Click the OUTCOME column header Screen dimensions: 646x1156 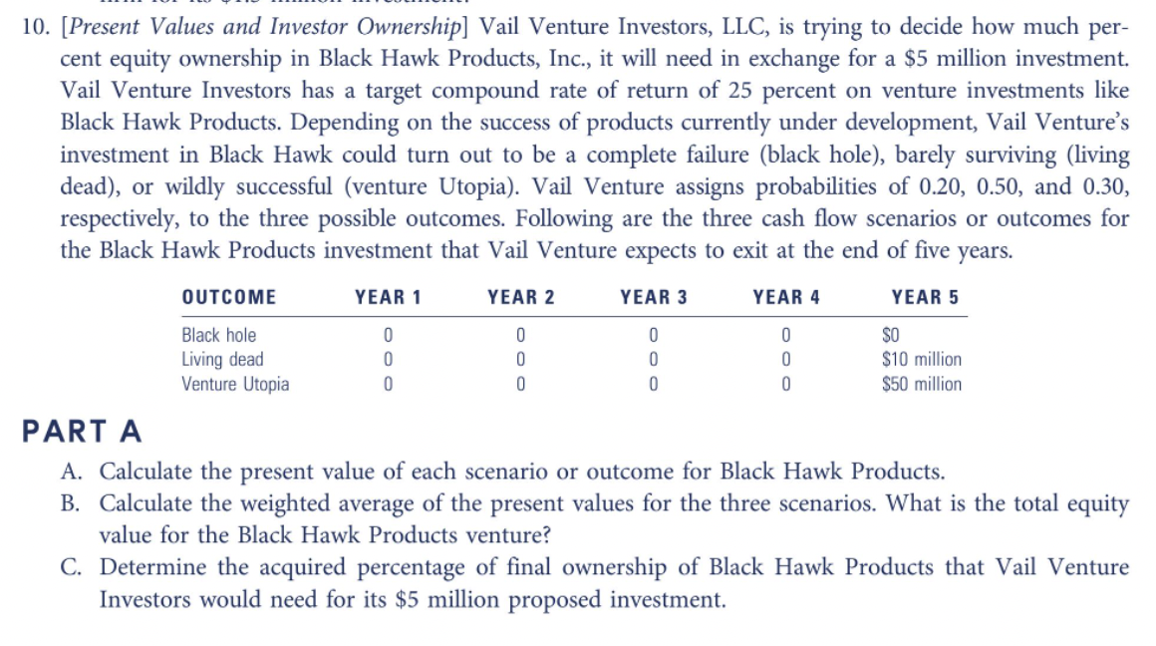(x=229, y=297)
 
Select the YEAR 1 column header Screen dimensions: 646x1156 (x=388, y=297)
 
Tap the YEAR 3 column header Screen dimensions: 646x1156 (x=653, y=297)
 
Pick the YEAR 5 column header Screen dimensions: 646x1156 (x=925, y=297)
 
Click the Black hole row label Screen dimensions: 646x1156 (x=218, y=336)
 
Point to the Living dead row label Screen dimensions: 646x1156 (x=222, y=360)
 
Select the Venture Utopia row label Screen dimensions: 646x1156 (x=235, y=384)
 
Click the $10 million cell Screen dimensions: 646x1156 (x=922, y=360)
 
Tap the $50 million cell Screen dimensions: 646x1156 (x=922, y=384)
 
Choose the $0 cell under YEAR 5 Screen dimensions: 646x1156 (x=891, y=336)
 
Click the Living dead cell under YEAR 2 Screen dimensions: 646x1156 (x=520, y=360)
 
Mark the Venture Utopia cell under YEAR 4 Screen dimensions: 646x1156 (x=785, y=384)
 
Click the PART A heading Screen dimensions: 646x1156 (x=82, y=432)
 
